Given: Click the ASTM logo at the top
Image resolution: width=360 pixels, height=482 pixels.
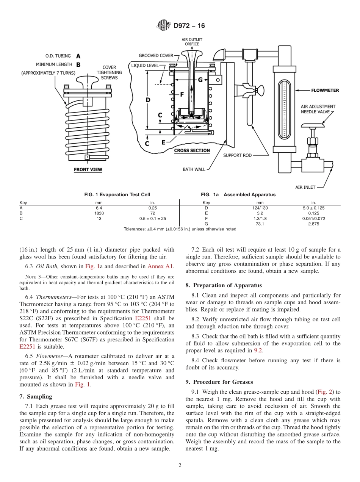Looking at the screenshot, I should [164, 26].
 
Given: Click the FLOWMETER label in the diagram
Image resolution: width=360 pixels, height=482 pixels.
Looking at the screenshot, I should [325, 91].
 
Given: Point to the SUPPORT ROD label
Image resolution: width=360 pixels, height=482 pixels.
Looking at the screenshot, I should [237, 155].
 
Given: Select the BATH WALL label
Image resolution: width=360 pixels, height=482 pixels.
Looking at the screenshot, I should [194, 169].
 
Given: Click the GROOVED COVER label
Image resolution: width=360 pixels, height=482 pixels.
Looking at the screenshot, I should [156, 55].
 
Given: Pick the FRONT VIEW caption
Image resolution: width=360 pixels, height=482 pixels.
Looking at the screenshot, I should [88, 170].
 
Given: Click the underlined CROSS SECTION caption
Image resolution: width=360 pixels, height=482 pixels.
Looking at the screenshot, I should [192, 150].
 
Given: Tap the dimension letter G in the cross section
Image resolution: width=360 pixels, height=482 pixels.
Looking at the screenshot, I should [200, 80].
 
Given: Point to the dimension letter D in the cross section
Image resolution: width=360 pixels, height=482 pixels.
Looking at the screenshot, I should [148, 100].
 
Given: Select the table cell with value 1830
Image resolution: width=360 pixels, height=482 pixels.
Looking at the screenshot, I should [99, 213].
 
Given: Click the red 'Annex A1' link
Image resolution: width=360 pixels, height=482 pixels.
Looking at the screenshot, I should [161, 266].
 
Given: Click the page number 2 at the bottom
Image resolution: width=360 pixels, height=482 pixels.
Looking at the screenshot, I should [180, 465].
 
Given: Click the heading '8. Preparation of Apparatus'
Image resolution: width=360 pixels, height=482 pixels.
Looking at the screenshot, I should [224, 285].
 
